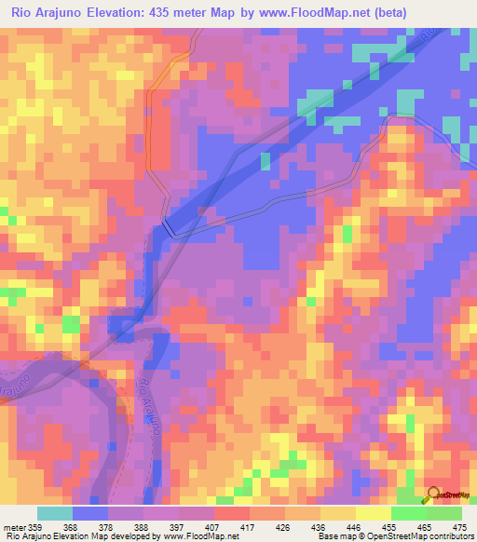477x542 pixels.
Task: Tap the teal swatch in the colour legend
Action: click(x=55, y=513)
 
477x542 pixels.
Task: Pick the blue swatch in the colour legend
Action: click(x=90, y=513)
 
